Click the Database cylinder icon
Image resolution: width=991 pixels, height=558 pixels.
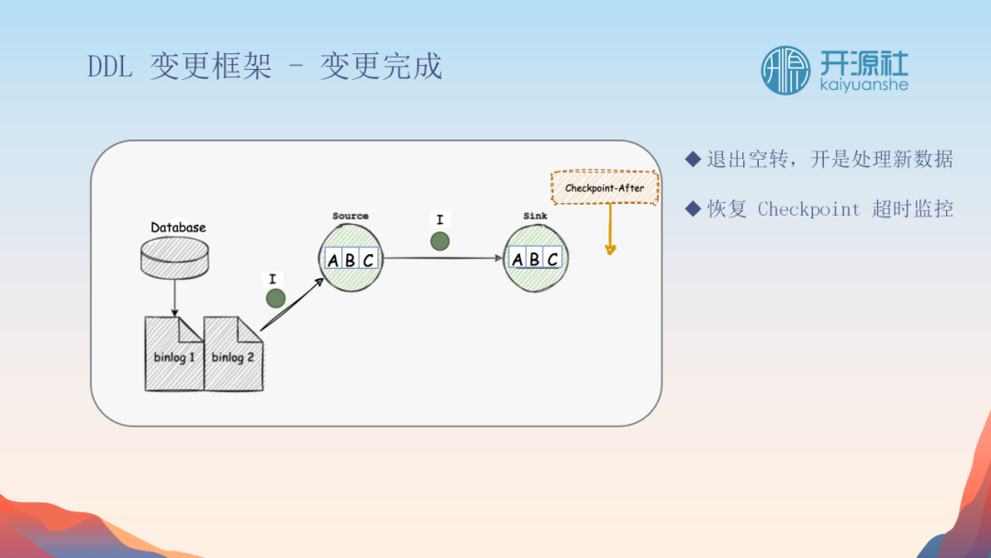[x=174, y=256]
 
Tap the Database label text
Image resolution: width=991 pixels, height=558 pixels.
[x=178, y=228]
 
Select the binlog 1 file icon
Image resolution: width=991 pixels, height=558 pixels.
[x=173, y=354]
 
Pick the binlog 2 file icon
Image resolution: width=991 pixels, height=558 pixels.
[x=233, y=354]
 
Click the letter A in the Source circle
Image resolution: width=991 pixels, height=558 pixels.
[x=333, y=260]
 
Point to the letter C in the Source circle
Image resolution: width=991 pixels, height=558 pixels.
[x=368, y=260]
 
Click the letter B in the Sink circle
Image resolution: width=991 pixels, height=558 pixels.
[x=535, y=260]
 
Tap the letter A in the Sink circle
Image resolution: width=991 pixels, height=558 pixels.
[x=518, y=260]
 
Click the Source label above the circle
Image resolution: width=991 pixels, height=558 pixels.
[x=351, y=217]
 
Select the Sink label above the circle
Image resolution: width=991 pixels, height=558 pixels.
[x=535, y=217]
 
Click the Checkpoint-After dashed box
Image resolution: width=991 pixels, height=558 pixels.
[x=604, y=188]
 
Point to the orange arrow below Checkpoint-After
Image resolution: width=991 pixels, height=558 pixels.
[x=610, y=229]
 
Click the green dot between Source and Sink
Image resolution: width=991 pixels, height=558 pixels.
[x=440, y=241]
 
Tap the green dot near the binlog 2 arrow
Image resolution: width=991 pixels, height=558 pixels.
[x=274, y=298]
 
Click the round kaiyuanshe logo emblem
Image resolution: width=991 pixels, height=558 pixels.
[x=785, y=71]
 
